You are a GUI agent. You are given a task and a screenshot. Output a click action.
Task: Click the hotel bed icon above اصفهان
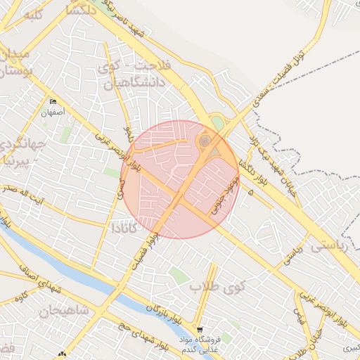53,102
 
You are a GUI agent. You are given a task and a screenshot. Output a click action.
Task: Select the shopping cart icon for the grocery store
200,329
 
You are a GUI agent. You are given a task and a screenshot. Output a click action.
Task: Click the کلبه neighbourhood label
28,14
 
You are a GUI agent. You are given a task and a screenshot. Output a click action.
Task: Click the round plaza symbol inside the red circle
204,141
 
